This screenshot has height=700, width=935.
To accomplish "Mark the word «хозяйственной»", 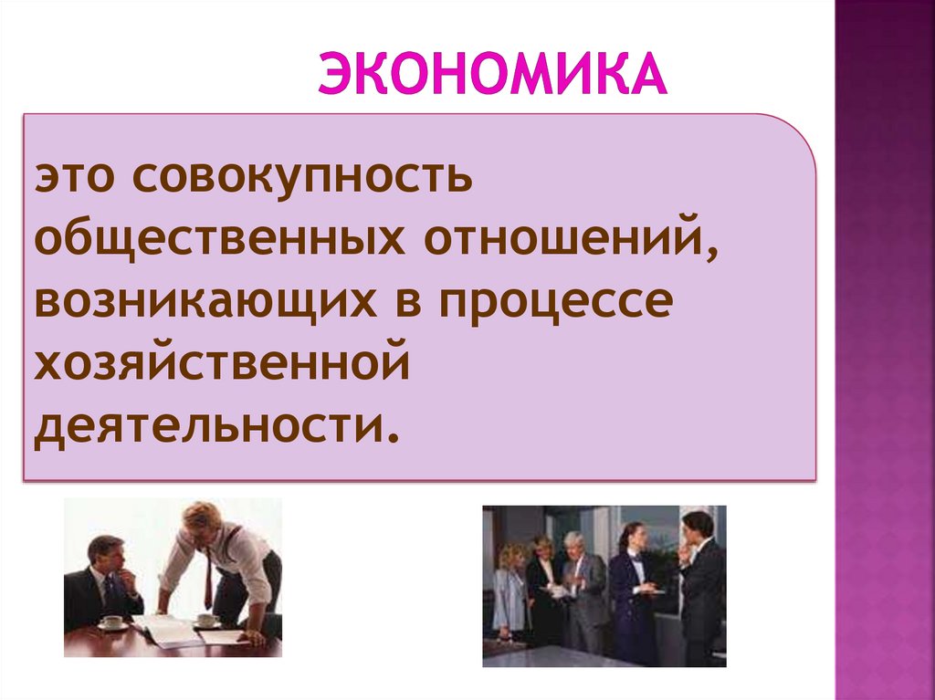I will click(x=219, y=363).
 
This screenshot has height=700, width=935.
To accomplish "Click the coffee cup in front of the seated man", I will click(x=112, y=622).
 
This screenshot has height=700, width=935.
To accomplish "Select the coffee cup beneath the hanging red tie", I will click(x=207, y=620).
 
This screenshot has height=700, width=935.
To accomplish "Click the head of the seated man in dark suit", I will click(x=104, y=553).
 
